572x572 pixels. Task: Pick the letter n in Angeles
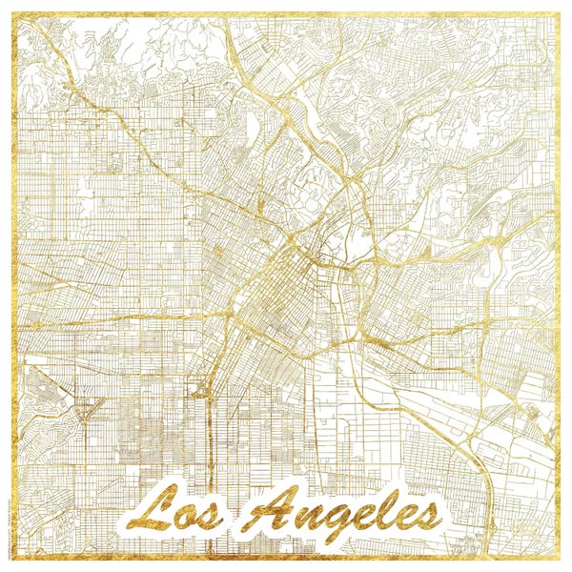(303, 520)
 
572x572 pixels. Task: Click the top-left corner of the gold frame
(12, 12)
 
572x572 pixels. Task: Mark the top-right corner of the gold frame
(560, 12)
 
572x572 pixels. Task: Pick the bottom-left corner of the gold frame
(12, 560)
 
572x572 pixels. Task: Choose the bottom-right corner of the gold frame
(560, 560)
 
